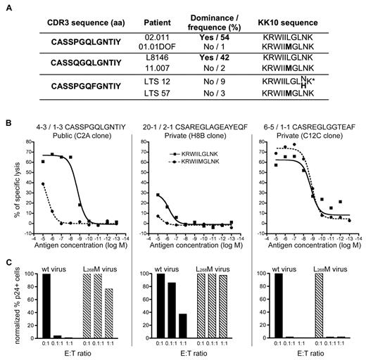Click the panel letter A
click(x=5, y=5)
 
